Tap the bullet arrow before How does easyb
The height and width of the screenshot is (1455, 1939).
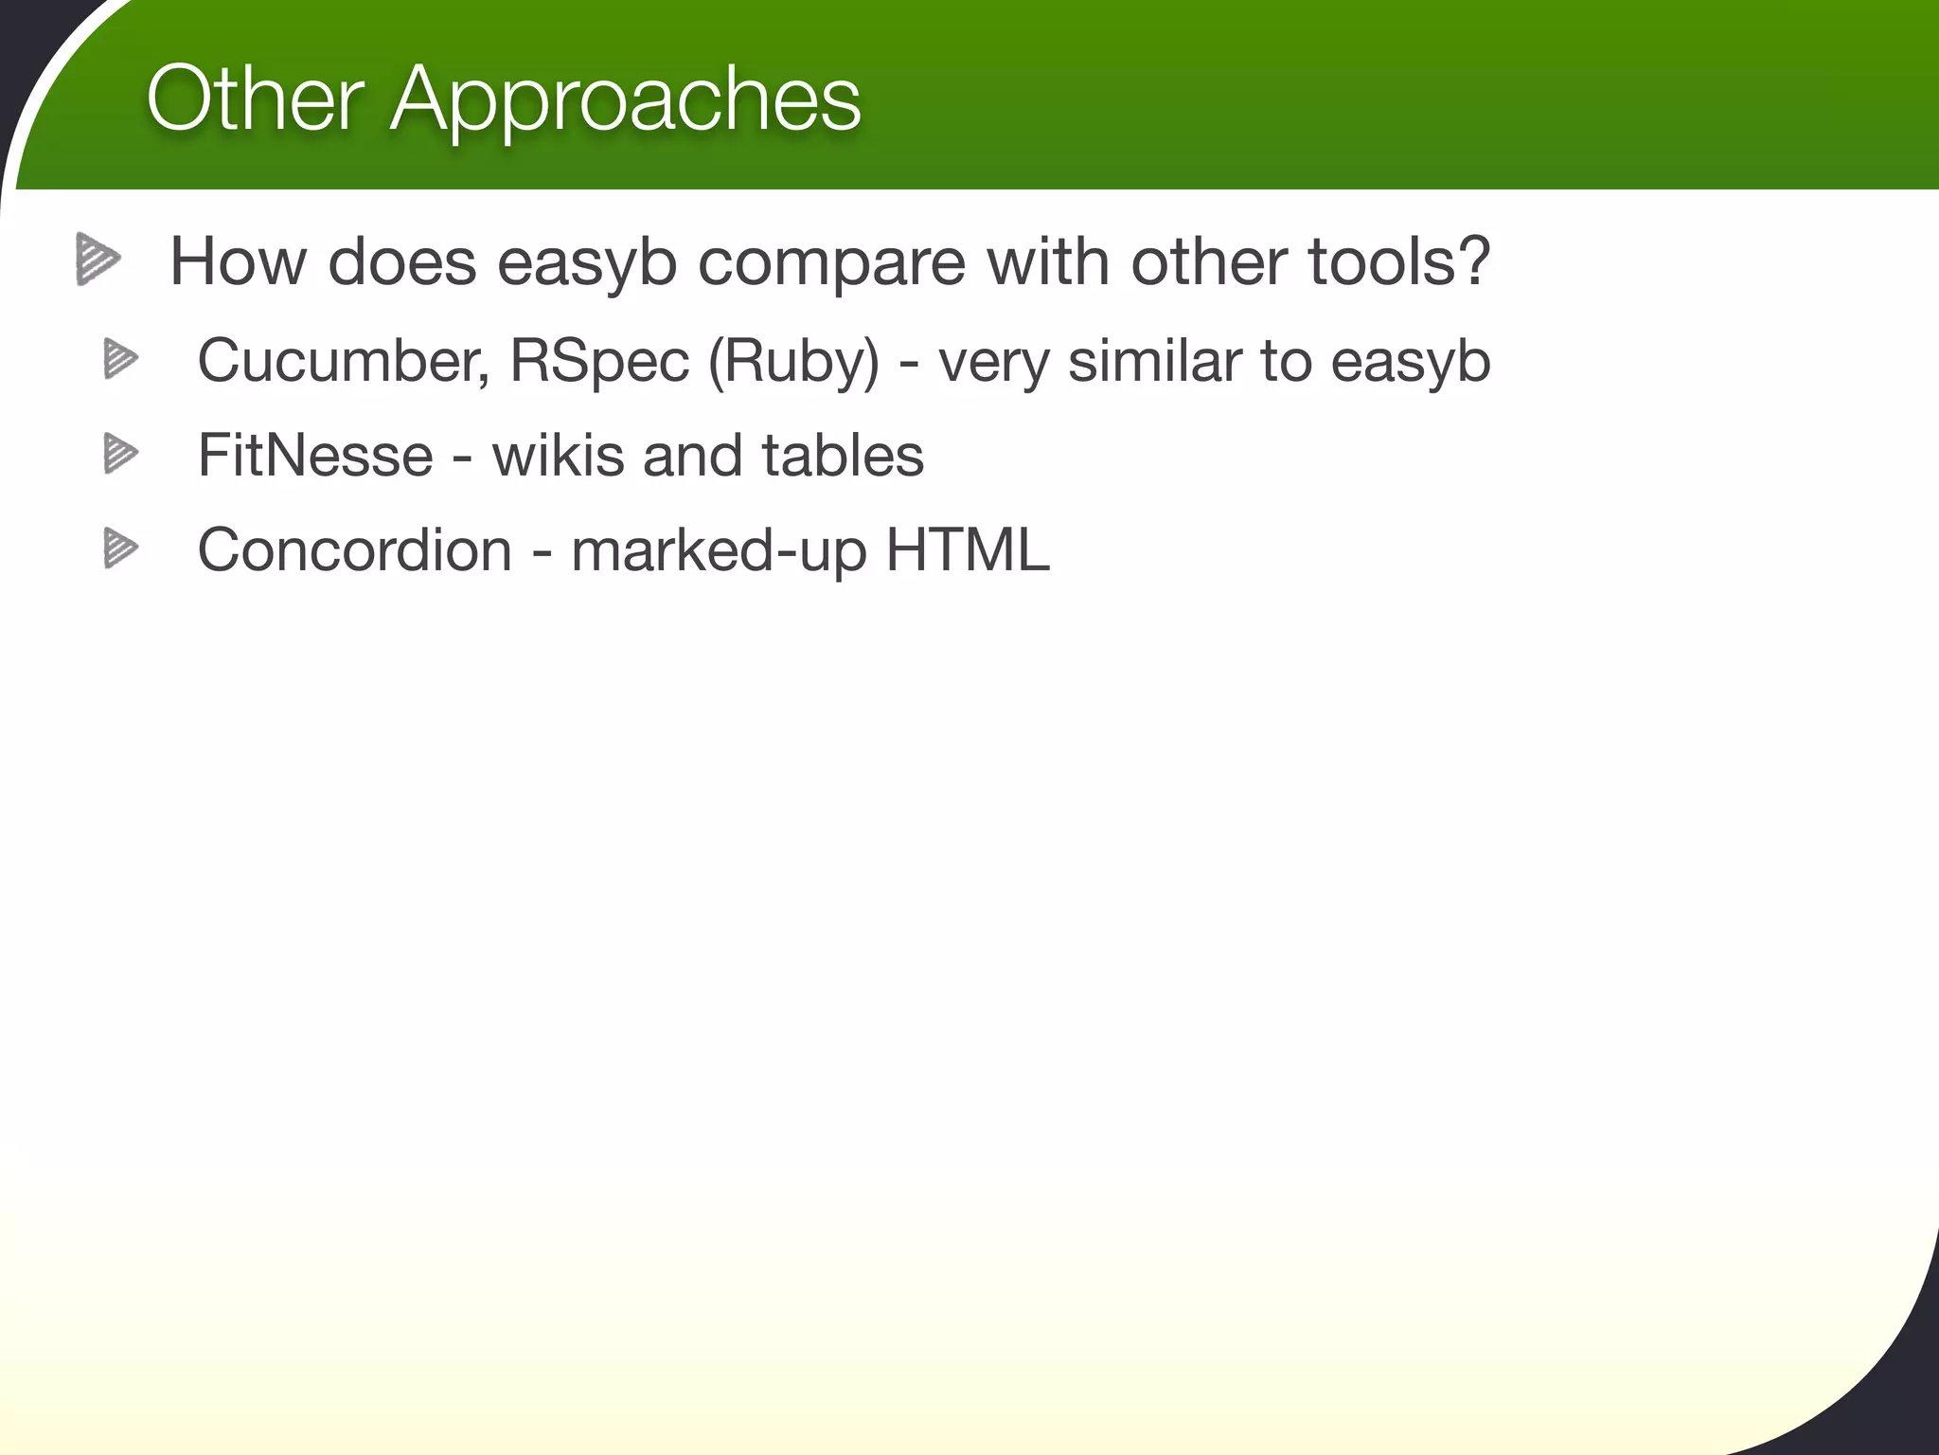[98, 259]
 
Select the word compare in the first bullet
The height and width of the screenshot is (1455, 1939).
[831, 262]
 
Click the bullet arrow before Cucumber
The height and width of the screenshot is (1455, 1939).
[120, 359]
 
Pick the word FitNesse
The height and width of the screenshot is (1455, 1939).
[315, 456]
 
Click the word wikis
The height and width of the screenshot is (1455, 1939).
[559, 456]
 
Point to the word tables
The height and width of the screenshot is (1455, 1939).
[843, 456]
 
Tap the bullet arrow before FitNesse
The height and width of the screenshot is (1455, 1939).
[120, 453]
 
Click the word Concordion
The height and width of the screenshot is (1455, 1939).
[355, 549]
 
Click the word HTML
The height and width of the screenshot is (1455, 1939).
[968, 549]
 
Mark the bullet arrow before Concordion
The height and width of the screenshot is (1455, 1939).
[120, 548]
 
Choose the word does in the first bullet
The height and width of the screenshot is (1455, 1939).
[402, 262]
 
